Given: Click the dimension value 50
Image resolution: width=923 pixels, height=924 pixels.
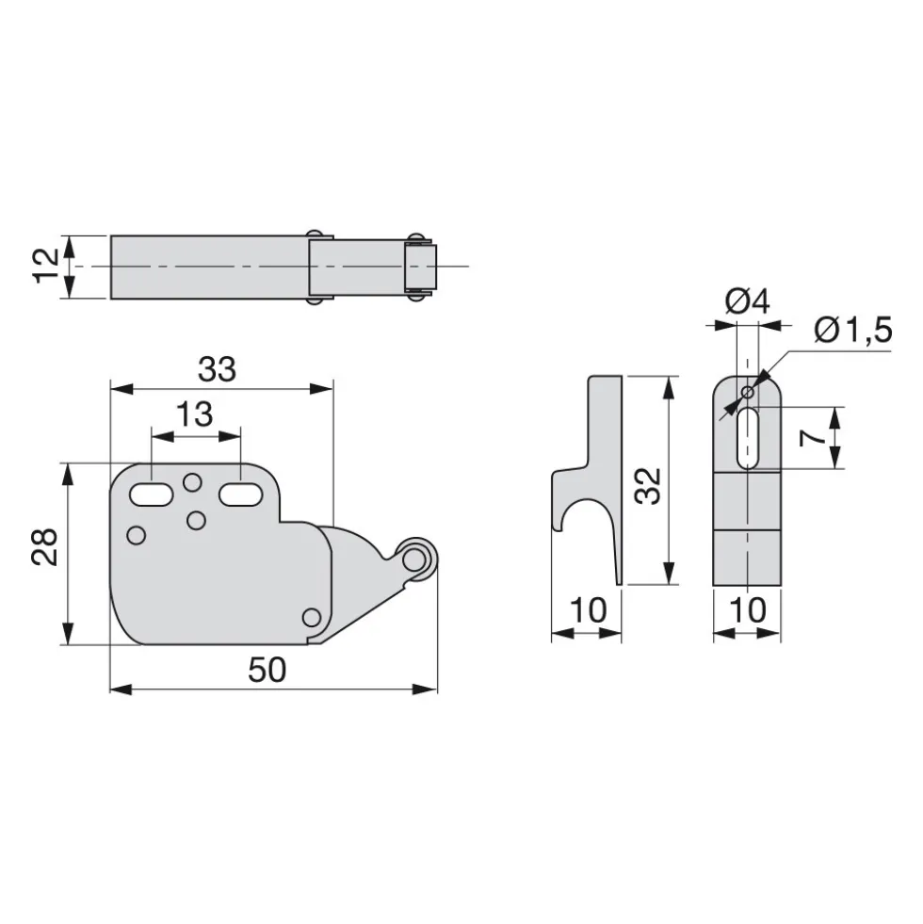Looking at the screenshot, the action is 267,670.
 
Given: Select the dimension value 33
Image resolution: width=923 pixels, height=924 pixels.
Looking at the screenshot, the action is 217,369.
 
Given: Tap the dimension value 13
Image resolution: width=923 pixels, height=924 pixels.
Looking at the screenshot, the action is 195,414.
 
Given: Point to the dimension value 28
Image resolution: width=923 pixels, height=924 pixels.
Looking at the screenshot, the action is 45,547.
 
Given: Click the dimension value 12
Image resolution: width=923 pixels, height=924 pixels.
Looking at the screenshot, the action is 45,267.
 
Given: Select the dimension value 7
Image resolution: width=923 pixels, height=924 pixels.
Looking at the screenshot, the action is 812,438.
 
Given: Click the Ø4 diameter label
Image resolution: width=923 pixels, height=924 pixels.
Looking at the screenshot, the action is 747,301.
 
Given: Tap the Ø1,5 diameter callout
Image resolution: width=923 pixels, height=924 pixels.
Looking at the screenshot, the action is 853,330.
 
